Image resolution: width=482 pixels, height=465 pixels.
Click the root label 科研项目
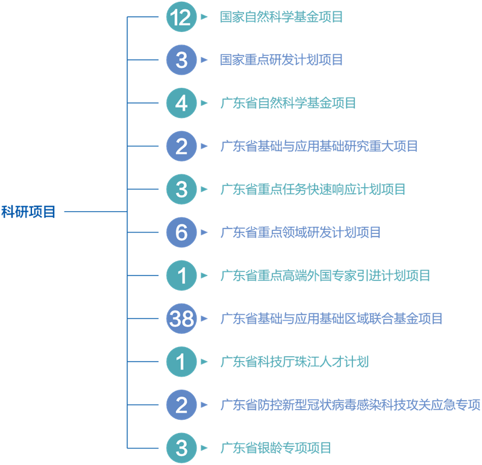[28, 212]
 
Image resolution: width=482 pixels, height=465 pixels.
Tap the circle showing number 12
[181, 17]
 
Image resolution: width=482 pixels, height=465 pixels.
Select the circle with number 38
[181, 319]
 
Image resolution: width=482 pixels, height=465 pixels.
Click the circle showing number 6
[181, 232]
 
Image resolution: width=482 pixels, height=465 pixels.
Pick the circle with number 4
[181, 103]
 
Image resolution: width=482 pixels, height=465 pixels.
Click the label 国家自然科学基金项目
[281, 17]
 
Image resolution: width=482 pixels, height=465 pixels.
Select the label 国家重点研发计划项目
[281, 60]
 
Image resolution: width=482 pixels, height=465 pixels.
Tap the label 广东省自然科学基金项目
[288, 103]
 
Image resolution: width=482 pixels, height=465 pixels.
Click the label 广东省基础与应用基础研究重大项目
[319, 146]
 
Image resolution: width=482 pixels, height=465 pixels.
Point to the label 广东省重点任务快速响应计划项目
[313, 189]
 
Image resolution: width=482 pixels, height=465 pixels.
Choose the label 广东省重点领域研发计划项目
[301, 232]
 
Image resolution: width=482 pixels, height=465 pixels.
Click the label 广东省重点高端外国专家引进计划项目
[325, 276]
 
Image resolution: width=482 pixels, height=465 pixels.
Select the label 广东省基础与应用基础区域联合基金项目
[331, 319]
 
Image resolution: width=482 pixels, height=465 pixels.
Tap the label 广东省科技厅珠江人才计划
[294, 362]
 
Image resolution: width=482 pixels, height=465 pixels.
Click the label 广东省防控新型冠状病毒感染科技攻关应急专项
[350, 405]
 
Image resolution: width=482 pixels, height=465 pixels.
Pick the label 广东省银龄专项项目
[276, 448]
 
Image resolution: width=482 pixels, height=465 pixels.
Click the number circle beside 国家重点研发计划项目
[181, 60]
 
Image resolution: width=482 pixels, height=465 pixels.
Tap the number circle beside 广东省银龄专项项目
[181, 448]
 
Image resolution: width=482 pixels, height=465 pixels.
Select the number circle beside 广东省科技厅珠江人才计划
[181, 362]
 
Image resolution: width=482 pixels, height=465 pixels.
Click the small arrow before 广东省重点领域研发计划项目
[205, 232]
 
